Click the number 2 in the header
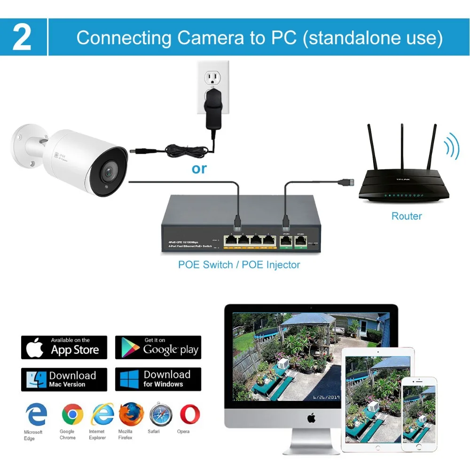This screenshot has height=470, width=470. point(22,38)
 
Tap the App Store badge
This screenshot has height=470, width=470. point(64,347)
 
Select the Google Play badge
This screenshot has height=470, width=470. point(158,347)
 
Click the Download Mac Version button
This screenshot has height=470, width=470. point(64,379)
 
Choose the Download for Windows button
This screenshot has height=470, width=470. point(158,379)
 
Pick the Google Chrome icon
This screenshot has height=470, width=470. point(72,414)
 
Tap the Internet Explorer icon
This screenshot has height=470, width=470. point(102,414)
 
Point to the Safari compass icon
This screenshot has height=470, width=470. point(161,414)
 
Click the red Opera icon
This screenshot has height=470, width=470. point(189,414)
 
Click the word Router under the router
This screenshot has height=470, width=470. point(407,216)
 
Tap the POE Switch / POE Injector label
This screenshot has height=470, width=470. point(239,265)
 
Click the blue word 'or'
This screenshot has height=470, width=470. point(199,169)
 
